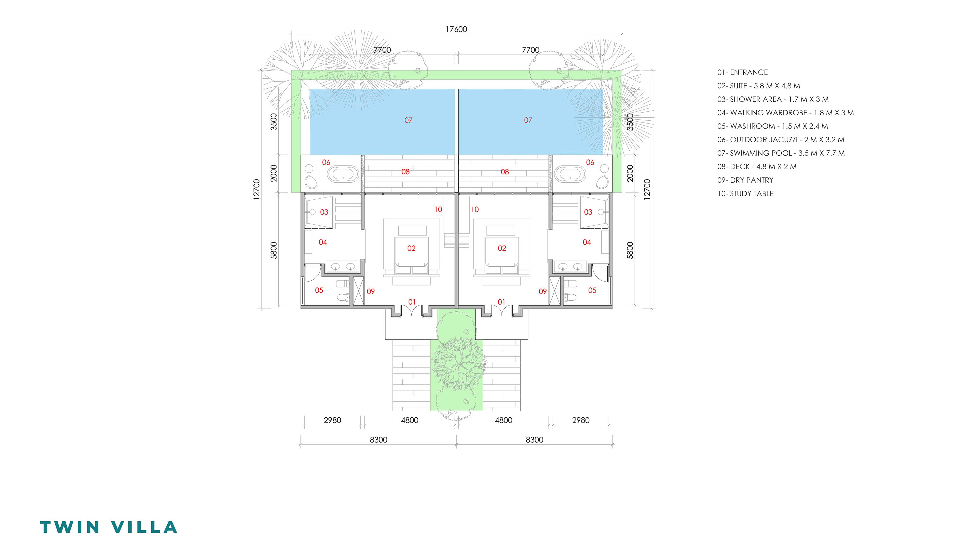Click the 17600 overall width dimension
[456, 29]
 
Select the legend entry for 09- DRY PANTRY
[745, 180]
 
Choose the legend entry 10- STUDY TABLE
[745, 194]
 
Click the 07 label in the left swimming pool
[408, 120]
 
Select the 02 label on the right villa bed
[502, 248]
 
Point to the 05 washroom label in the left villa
[319, 290]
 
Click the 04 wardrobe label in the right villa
[587, 242]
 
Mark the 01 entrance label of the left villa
[412, 302]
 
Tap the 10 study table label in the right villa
[474, 210]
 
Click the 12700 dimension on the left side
[257, 189]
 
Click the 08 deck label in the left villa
[405, 172]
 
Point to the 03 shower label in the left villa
[324, 212]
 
